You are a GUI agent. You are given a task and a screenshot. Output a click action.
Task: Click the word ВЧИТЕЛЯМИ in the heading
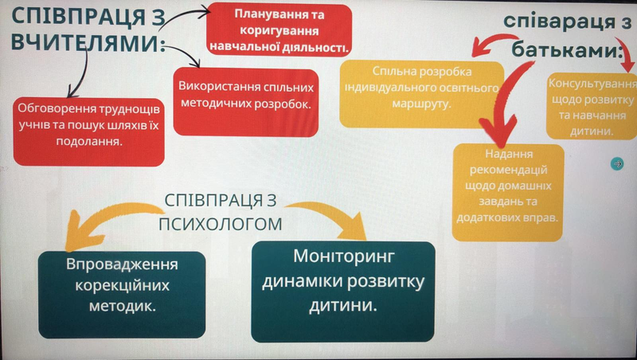point(88,43)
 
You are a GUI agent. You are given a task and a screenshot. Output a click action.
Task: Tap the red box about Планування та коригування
point(279,29)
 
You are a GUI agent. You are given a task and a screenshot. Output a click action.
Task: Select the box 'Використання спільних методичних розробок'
point(246,103)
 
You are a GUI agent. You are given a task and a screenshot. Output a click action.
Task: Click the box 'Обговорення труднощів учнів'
point(89,131)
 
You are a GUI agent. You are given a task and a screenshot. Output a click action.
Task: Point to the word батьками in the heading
point(567,49)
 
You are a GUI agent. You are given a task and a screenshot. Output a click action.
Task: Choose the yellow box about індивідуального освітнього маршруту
point(422,94)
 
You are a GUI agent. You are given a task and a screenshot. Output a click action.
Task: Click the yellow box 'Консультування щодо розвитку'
point(592,107)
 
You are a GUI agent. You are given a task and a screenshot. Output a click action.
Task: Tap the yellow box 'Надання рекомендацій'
point(508,192)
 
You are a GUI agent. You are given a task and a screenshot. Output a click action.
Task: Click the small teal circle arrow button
point(617,164)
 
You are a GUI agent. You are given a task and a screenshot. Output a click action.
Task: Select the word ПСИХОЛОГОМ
point(221,224)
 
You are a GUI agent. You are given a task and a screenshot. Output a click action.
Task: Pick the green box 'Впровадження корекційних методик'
point(122,295)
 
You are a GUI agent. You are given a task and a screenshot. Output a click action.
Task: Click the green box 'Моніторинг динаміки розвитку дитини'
point(343,292)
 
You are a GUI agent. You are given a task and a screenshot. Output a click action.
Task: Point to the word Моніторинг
point(344,256)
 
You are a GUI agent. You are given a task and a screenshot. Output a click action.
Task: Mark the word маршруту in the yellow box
point(422,104)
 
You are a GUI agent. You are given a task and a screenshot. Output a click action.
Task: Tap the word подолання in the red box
point(89,142)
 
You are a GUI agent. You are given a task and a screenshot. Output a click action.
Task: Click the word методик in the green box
point(123,306)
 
